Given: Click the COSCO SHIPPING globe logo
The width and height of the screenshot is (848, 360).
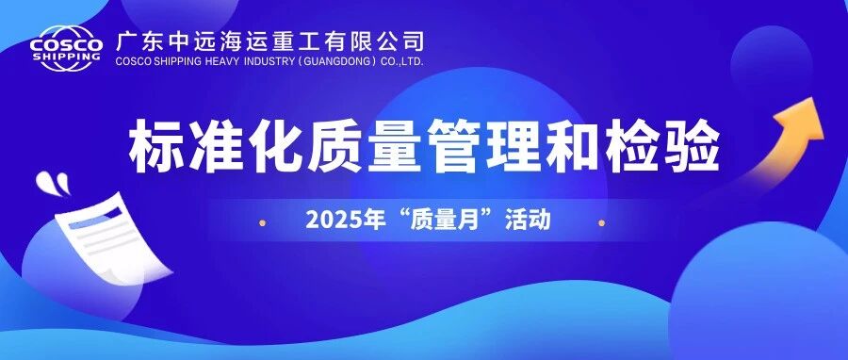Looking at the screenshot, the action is click(x=66, y=49).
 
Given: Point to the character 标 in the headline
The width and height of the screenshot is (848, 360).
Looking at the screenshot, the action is click(x=155, y=147).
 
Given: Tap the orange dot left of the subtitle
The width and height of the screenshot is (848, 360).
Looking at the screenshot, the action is click(x=262, y=222).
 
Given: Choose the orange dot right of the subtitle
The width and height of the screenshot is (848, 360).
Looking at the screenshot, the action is click(x=601, y=222).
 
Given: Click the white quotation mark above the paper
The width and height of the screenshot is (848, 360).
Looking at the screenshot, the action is click(x=53, y=182).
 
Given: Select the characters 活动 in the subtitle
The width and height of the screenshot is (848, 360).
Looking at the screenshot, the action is click(x=528, y=220).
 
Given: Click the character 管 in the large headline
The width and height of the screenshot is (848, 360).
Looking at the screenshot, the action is click(x=455, y=147).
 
